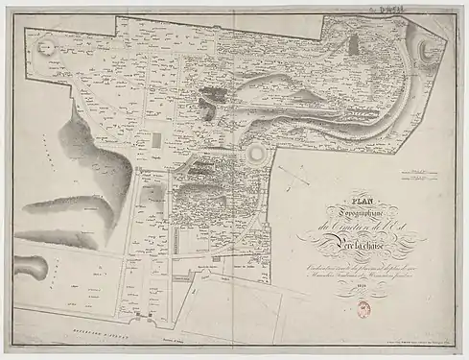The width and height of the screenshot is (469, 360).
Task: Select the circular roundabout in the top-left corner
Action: pos(43,45)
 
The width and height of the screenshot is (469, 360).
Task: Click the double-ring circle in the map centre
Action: pos(258,155)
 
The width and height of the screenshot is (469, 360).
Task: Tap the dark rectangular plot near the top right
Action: pos(355,44)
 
